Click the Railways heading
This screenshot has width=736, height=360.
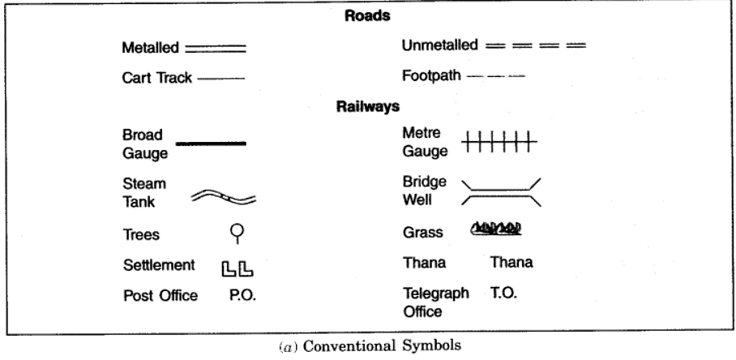point(367,106)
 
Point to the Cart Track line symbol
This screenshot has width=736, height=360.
point(220,79)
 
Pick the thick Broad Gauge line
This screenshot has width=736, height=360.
point(211,144)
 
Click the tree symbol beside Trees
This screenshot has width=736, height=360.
point(237,234)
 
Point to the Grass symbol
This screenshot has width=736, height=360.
point(495,230)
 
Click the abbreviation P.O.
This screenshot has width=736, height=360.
point(242,295)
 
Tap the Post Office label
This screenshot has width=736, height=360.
point(160,295)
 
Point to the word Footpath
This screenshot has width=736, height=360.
point(431,79)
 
